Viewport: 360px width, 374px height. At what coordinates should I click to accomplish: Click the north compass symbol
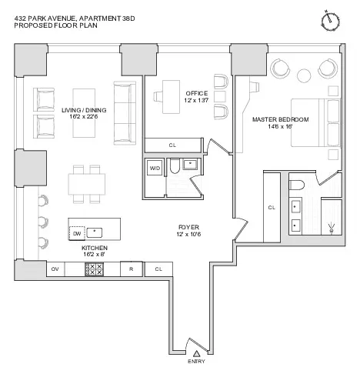[332, 18]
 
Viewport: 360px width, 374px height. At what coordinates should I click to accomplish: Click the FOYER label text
[187, 228]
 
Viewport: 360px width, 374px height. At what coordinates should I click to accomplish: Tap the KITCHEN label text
[95, 249]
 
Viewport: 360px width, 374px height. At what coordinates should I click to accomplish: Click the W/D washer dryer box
[155, 167]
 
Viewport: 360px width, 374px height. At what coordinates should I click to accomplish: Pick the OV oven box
[55, 269]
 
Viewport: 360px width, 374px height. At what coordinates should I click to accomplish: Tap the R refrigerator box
[131, 269]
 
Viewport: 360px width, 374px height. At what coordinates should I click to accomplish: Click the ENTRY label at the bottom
[197, 361]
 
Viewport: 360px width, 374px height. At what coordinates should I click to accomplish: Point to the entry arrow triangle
[197, 352]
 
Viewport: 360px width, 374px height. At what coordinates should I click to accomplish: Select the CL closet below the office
[173, 144]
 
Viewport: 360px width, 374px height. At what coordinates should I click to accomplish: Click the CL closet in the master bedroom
[272, 208]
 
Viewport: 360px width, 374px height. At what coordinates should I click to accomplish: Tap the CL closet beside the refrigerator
[158, 269]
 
